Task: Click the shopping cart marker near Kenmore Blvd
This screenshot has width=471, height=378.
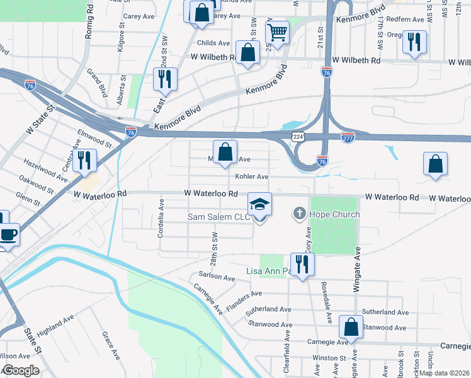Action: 277,32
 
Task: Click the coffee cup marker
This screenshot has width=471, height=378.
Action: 8,235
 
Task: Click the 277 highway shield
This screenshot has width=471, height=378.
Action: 348,137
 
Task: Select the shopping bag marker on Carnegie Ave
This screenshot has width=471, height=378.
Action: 351,328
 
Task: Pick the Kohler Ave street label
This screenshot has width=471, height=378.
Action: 252,177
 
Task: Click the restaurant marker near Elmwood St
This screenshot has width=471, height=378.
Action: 83,161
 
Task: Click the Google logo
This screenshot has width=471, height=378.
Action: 20,370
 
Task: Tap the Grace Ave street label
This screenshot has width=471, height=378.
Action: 111,346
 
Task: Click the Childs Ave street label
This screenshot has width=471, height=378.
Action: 213,43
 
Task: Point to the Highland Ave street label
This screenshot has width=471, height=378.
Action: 56,328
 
